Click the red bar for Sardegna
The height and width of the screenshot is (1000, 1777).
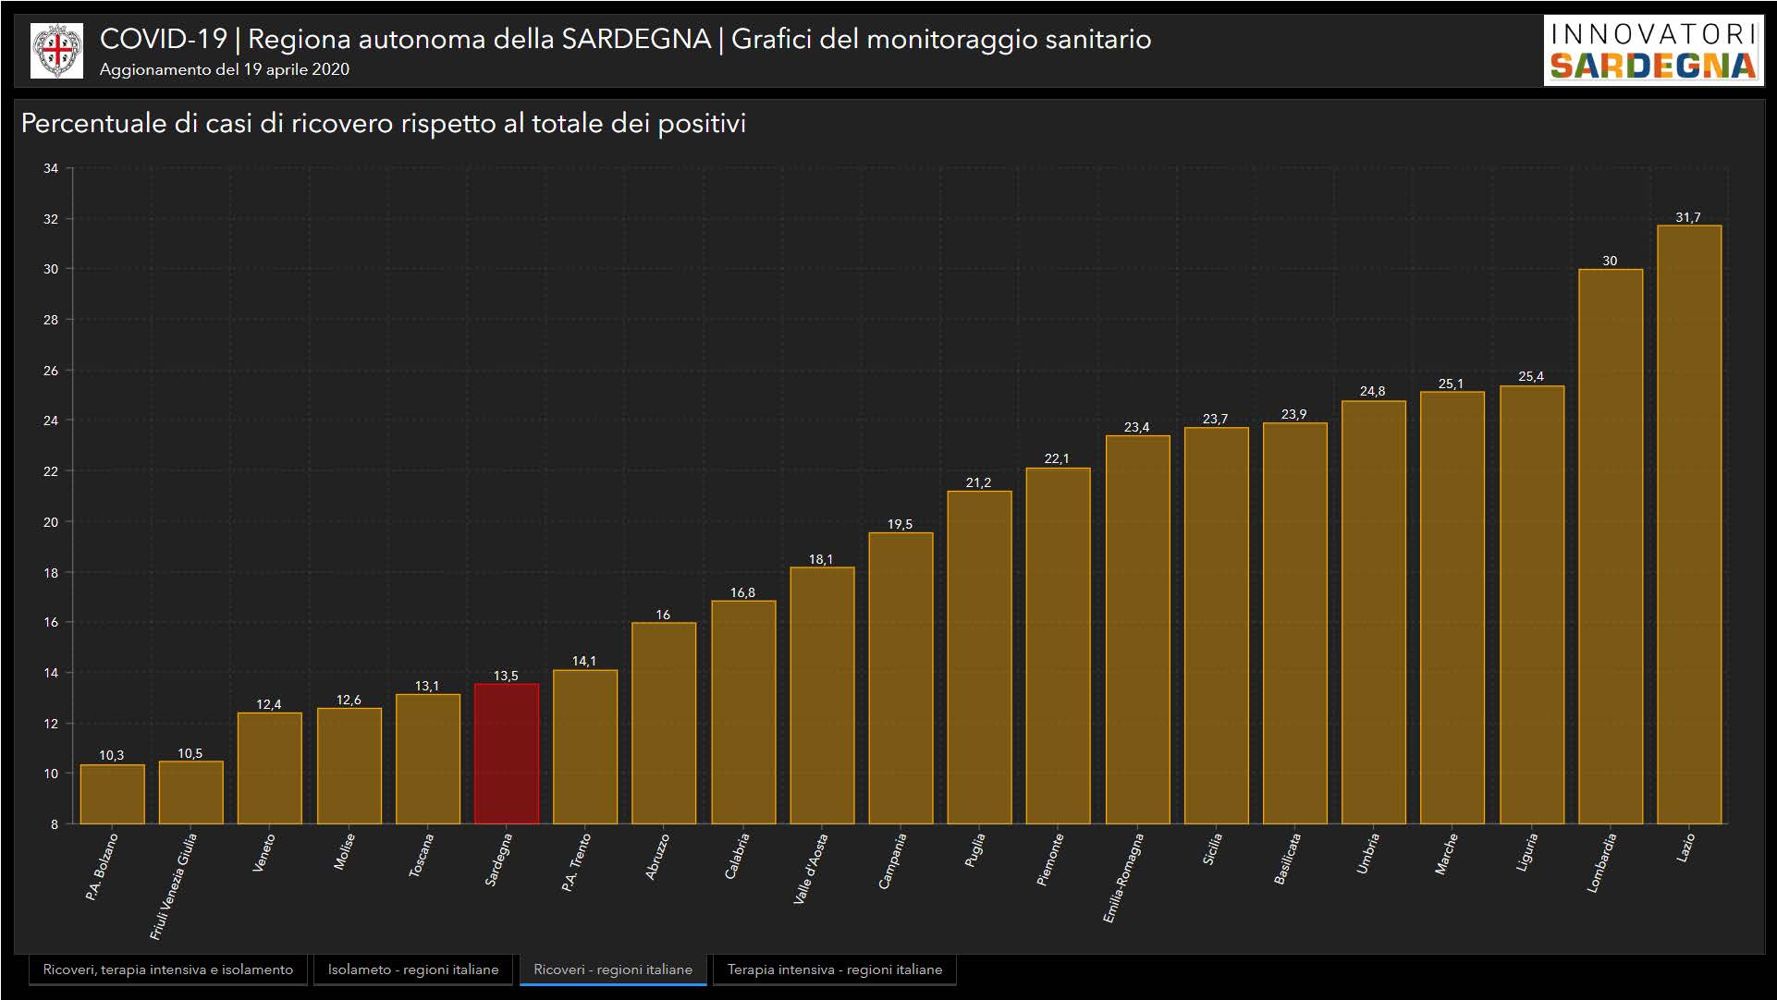(506, 753)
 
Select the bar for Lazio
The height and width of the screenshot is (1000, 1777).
(1688, 524)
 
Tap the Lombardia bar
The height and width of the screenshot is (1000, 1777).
(1610, 546)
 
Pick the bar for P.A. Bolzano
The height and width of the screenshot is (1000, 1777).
(112, 794)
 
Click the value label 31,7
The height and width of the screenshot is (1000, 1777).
(1687, 217)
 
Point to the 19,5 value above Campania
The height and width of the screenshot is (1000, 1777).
(900, 524)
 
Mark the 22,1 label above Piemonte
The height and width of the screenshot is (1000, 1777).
(1057, 458)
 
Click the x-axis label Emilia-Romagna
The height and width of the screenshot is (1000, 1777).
(1123, 877)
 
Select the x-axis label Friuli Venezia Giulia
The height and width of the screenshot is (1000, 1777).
(174, 885)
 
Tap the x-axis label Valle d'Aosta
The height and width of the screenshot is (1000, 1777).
(811, 868)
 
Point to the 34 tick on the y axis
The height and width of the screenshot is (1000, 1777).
(51, 168)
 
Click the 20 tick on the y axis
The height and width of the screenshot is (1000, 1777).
(51, 521)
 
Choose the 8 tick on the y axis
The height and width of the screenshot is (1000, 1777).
(55, 823)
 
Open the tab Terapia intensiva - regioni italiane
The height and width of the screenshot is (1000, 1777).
(834, 970)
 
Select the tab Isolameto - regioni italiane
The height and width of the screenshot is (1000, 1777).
(412, 970)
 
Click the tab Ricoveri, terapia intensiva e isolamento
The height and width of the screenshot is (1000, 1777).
(168, 970)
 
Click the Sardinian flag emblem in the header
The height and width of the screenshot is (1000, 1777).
(56, 51)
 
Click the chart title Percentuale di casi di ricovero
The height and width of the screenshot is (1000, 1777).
(383, 123)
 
